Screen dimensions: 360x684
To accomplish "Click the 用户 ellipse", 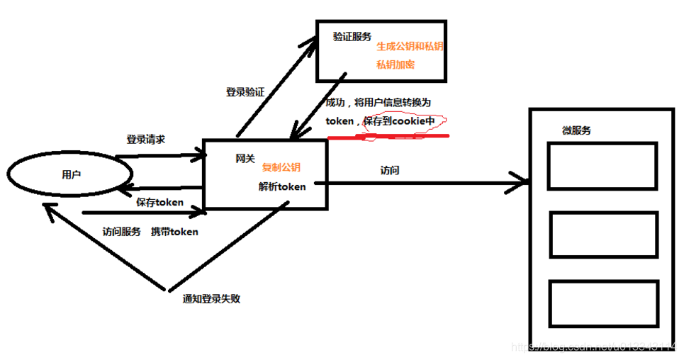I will [71, 174].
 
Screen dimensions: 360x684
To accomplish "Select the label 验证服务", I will [352, 37].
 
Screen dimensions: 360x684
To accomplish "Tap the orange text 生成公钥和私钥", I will [410, 46].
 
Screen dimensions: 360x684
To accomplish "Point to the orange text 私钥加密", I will [396, 64].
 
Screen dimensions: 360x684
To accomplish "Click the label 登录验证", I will [245, 92].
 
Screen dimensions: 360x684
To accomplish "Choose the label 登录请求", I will [146, 140].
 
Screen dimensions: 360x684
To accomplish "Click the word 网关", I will [245, 159].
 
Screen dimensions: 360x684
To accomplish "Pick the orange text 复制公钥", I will [281, 168].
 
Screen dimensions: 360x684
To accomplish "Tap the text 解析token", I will [282, 187].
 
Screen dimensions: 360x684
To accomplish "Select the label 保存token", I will [160, 202].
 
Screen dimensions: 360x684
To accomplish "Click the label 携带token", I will [174, 232].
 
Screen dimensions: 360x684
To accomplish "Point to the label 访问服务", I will [121, 232].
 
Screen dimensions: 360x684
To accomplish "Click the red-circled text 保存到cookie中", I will [399, 121].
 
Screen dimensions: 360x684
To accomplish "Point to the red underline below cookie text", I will [397, 135].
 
